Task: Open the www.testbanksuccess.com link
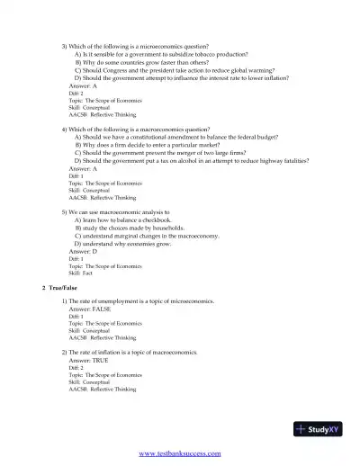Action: [x=180, y=454]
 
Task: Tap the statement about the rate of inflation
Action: [x=132, y=351]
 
